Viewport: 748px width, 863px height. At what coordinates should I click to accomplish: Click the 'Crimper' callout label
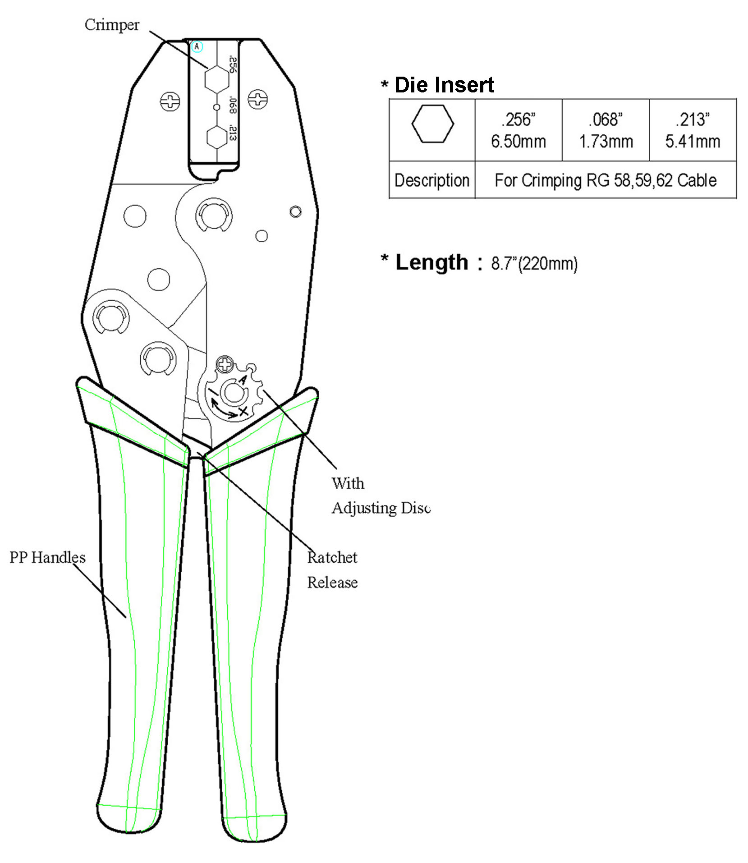click(112, 25)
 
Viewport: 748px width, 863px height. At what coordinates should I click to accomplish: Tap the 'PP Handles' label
click(47, 557)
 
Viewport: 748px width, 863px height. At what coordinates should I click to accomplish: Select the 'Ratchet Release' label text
click(332, 570)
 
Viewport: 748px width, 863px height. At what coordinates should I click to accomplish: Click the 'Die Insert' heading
click(444, 85)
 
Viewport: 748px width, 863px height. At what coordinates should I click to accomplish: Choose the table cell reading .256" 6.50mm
click(519, 130)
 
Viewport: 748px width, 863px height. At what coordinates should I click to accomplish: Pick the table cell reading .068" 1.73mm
click(606, 130)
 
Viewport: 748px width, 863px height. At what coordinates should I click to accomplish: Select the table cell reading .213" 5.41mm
click(693, 130)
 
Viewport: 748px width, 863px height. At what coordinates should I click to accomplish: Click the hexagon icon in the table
click(432, 124)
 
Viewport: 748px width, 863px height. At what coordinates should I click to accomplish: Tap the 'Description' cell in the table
click(432, 180)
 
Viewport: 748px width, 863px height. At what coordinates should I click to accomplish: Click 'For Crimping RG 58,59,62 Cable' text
click(606, 180)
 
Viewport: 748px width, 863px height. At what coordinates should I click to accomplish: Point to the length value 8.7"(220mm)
click(534, 263)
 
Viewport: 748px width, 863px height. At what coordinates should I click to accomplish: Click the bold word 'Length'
click(432, 262)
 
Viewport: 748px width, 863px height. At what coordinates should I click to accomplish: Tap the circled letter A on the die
click(197, 46)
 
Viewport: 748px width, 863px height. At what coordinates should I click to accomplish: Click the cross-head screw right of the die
click(258, 98)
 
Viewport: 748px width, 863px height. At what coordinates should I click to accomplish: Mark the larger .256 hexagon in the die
click(217, 80)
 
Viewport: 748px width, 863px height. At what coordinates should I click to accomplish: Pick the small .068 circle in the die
click(217, 107)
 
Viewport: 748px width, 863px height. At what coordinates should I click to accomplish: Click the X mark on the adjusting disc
click(243, 411)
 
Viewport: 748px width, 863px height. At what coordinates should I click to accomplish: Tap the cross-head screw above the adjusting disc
click(225, 364)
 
